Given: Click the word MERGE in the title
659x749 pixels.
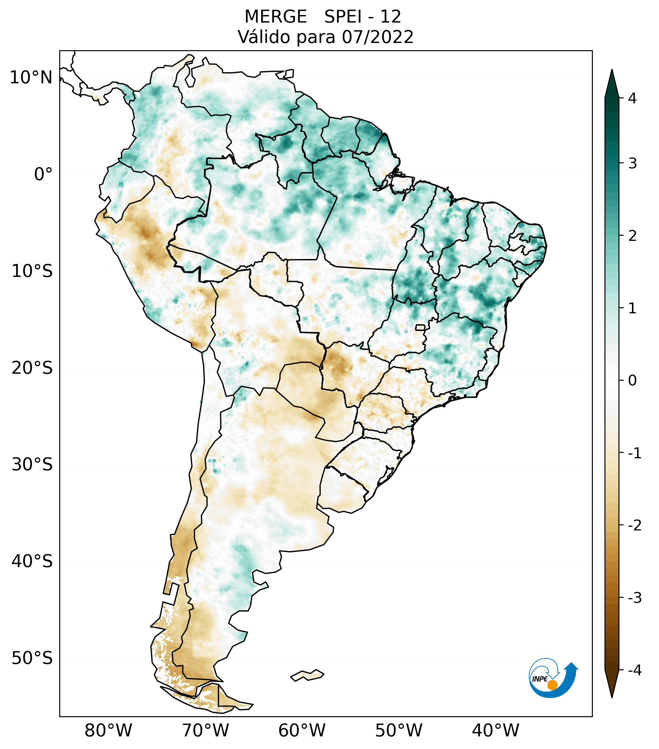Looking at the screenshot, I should pos(275,17).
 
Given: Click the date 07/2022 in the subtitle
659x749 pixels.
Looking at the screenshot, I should pos(377,37).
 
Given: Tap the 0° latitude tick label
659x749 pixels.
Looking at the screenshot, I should pos(43,174).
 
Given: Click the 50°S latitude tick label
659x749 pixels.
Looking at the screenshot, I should pos(32,658).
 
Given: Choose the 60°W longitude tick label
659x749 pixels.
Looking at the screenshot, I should pos(302,730).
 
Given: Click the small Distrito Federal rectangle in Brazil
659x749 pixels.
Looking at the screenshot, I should pos(420,327).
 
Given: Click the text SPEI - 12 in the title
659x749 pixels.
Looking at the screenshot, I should pos(363,17).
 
